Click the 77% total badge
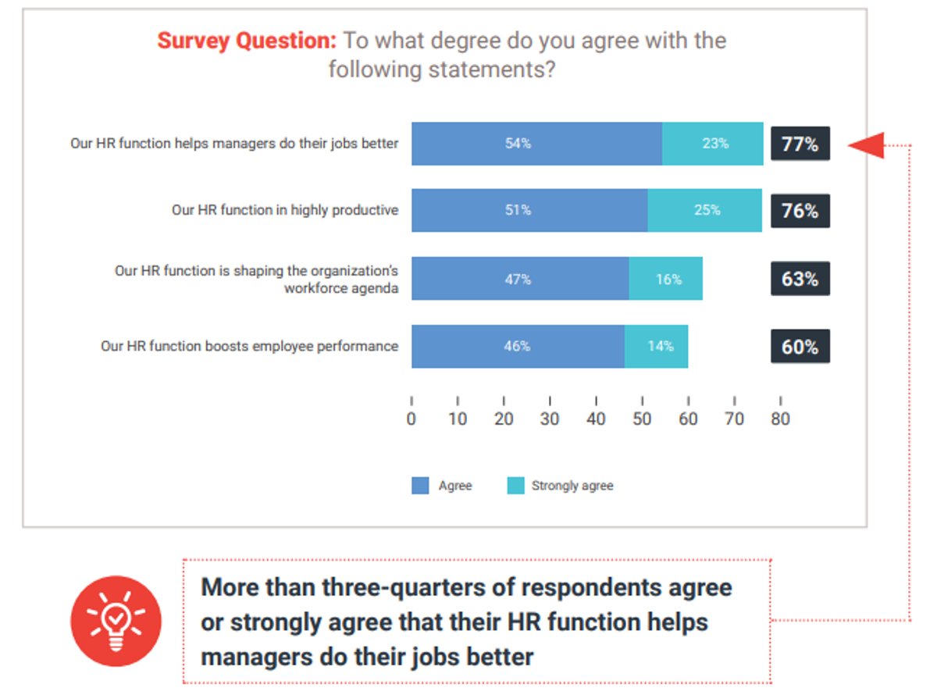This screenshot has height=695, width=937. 800,144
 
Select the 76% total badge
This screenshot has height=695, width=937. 800,211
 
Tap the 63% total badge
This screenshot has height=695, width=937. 800,279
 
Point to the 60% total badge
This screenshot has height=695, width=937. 800,347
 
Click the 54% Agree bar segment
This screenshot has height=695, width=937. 536,144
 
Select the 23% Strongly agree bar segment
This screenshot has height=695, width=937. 712,144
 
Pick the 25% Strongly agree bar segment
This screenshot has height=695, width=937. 704,210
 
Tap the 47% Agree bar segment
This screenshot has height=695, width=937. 520,279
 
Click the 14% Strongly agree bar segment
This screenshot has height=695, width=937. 656,346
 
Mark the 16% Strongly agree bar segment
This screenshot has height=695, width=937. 665,279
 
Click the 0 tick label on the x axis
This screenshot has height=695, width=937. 411,419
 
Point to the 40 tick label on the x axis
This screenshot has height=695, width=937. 596,419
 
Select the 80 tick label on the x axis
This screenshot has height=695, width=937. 780,419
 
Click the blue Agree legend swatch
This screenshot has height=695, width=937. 420,486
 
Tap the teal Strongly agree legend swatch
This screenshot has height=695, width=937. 515,486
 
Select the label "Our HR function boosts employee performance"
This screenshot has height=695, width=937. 249,346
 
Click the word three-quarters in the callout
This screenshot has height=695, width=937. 407,587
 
